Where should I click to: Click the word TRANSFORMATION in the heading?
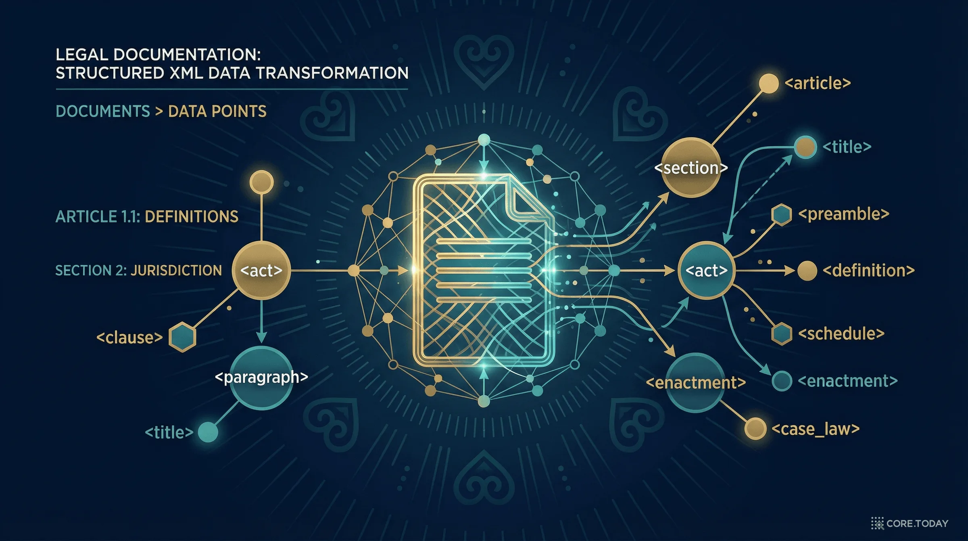point(332,73)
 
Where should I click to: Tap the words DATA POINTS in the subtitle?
point(217,111)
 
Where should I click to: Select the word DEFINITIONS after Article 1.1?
point(192,217)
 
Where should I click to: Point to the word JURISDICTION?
point(176,270)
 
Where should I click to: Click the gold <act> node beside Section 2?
point(261,270)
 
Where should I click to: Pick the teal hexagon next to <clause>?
point(182,337)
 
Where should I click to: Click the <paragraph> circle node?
point(261,377)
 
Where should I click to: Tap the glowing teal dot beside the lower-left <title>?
point(208,432)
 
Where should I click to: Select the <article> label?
point(818,83)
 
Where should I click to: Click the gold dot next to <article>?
point(769,84)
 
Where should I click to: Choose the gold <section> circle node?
point(691,168)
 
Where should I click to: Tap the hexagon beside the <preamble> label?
point(782,214)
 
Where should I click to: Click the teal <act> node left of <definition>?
point(706,270)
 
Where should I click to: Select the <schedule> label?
point(841,334)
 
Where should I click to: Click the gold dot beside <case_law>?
point(755,428)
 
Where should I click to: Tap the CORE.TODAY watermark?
point(910,523)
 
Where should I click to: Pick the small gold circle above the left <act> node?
point(261,182)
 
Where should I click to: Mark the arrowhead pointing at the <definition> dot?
point(790,270)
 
